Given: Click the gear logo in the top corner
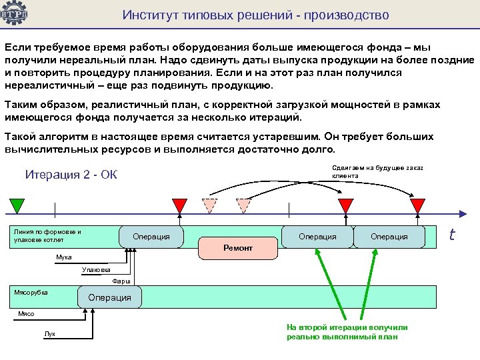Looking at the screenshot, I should click(14, 13).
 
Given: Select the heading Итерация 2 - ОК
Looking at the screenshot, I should click(71, 175).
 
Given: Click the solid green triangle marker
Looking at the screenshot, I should click(17, 205).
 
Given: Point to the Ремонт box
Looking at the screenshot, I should click(238, 248).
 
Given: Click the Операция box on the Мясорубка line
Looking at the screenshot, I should click(110, 297).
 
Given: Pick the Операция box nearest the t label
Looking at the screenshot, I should click(389, 237).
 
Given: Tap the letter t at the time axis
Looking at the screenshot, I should click(452, 234).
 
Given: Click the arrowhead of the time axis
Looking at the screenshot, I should click(462, 213).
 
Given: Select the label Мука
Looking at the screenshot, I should click(64, 257).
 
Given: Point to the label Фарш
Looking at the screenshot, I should click(121, 281).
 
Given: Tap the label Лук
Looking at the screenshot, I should click(50, 333).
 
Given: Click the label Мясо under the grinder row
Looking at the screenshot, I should click(26, 313).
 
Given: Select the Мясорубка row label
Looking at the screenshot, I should click(31, 292).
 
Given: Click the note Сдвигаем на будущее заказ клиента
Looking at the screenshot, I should click(377, 171).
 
